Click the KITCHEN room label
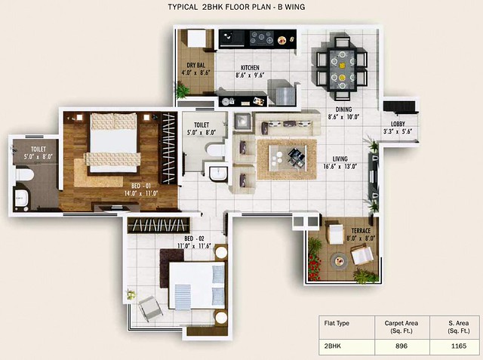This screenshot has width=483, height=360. [250, 67]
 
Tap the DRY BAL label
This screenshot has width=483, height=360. [195, 65]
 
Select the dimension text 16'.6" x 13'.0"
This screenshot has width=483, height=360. [340, 167]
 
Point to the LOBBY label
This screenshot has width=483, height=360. [398, 124]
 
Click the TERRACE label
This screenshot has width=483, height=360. [361, 231]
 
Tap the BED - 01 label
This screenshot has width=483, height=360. [141, 186]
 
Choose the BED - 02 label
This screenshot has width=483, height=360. [194, 238]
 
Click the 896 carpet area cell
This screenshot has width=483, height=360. [401, 346]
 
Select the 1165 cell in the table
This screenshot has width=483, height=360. [459, 346]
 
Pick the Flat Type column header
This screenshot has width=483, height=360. [337, 323]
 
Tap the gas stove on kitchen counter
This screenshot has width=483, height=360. [262, 38]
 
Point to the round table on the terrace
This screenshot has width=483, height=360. [339, 260]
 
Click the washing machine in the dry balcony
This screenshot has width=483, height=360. [196, 38]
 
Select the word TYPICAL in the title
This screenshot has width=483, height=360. [183, 7]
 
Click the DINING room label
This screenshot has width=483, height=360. [343, 109]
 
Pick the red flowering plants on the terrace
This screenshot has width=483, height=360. [314, 267]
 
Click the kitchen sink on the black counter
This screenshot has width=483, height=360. [232, 38]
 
